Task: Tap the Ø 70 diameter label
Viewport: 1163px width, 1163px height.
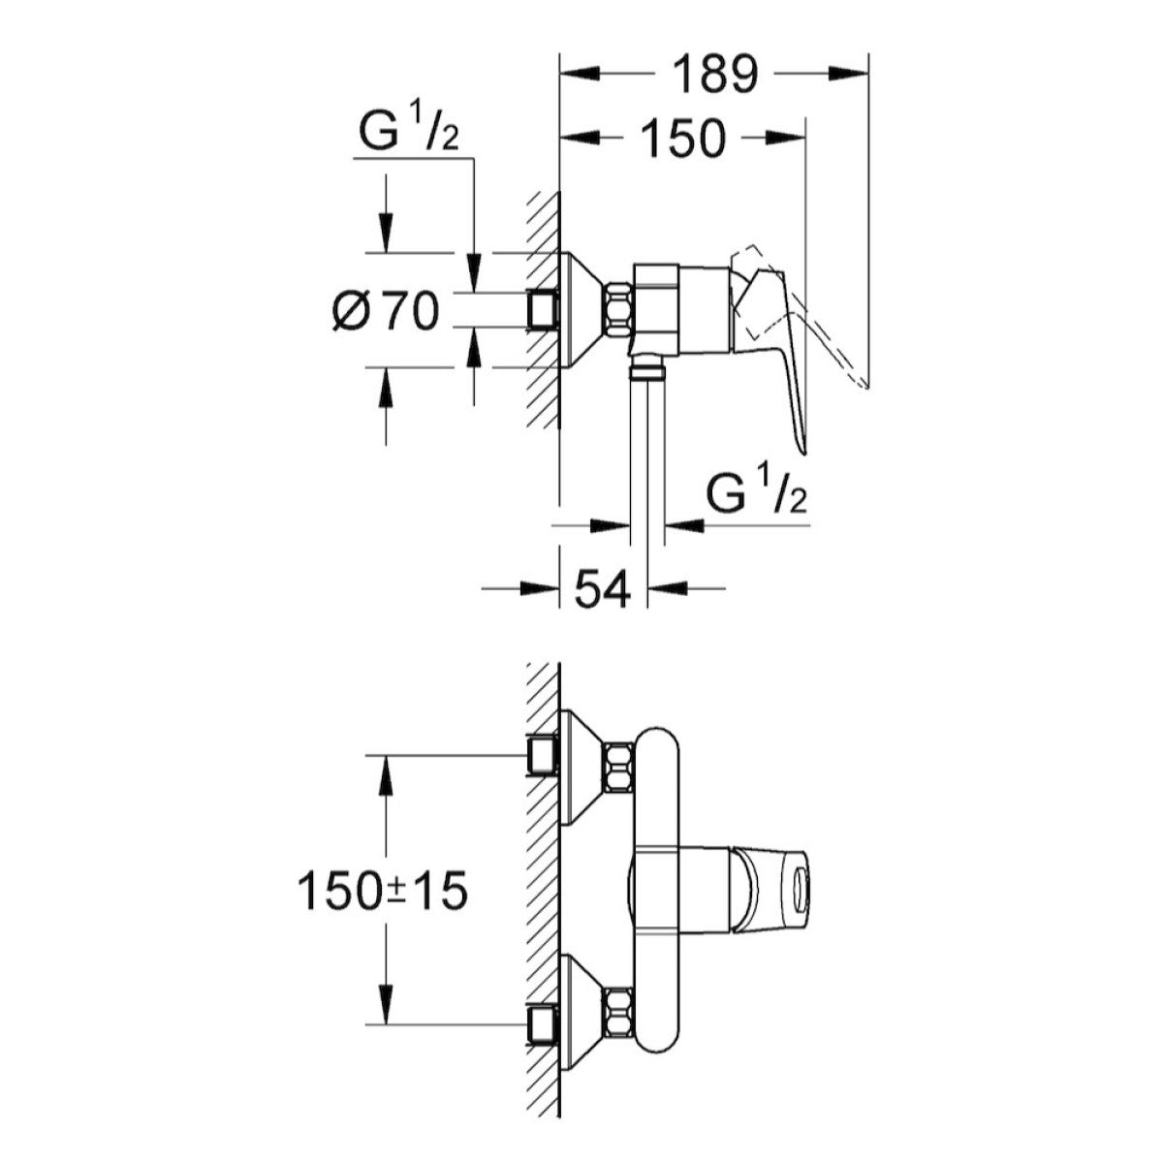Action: [386, 312]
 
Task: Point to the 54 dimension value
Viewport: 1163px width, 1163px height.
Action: [604, 587]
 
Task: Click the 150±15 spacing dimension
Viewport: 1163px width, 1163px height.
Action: [383, 892]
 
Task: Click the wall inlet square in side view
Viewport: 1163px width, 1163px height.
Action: [543, 310]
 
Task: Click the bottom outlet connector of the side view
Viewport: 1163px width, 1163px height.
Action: [646, 368]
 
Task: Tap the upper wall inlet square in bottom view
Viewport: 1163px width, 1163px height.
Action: [543, 757]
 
